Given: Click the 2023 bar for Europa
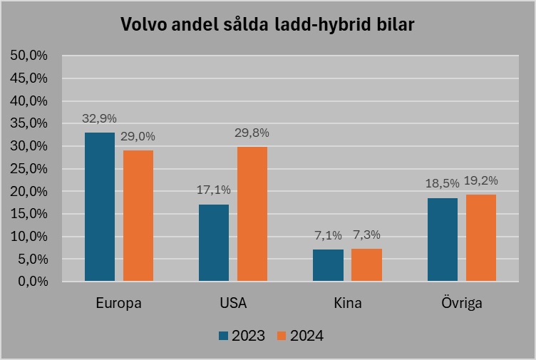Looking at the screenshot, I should click(x=99, y=207).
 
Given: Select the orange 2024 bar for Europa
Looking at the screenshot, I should click(x=138, y=215).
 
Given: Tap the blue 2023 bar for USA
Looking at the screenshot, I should click(x=214, y=242).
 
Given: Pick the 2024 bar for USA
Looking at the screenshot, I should click(x=252, y=214).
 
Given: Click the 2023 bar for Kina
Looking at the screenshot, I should click(x=328, y=264).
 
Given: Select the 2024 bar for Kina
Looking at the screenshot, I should click(x=366, y=264).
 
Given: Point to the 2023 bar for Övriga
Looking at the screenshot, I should click(x=443, y=239).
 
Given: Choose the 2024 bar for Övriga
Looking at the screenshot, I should click(x=481, y=237).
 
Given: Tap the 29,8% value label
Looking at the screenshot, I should click(x=252, y=133).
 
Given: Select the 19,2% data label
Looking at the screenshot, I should click(x=481, y=180).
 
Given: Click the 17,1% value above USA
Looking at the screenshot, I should click(x=214, y=190).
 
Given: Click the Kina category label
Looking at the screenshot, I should click(x=348, y=303).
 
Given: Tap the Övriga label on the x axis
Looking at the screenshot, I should click(x=462, y=303).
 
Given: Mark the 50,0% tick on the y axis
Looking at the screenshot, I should click(x=29, y=56).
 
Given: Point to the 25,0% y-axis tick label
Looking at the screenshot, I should click(x=29, y=169).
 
